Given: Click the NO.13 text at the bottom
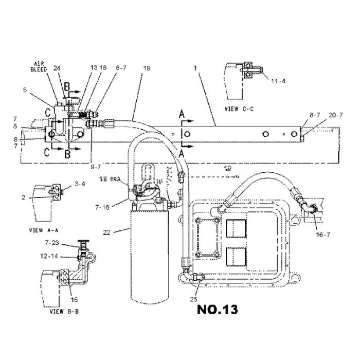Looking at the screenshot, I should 217,311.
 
